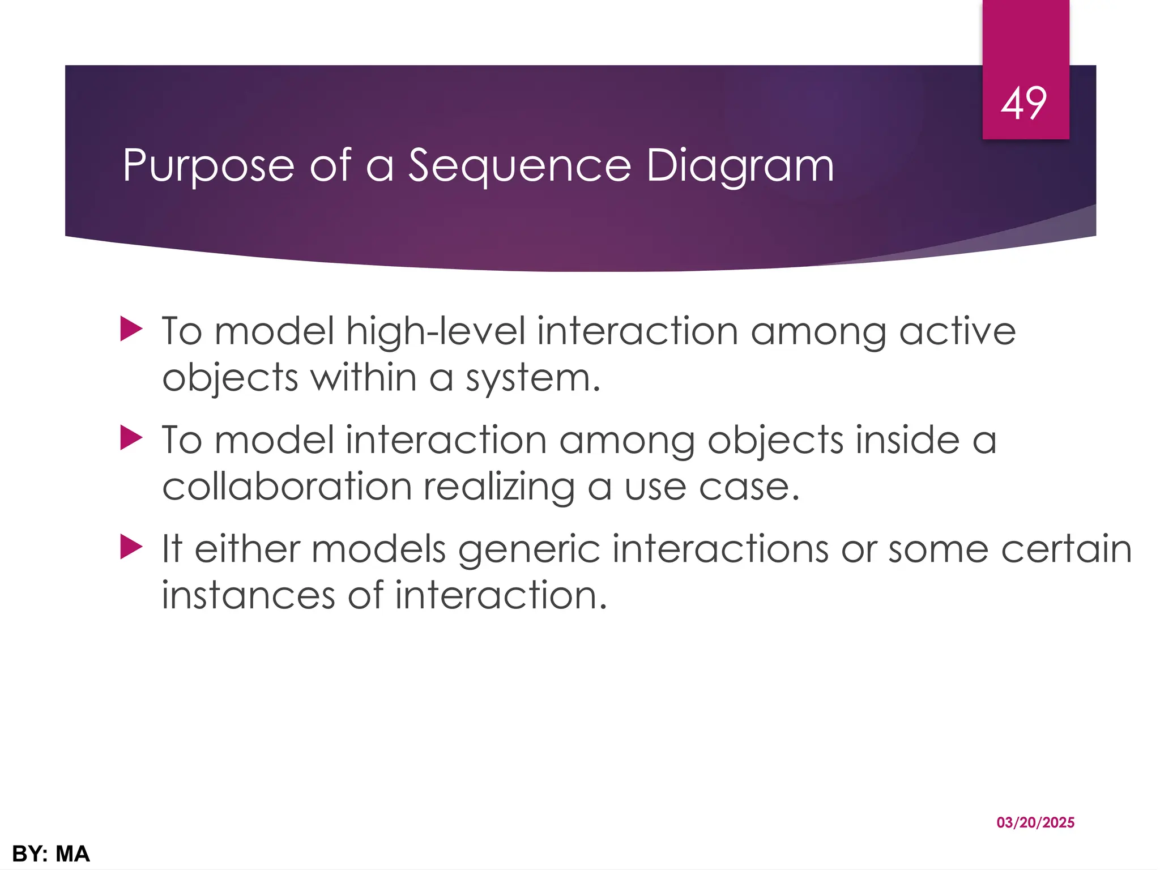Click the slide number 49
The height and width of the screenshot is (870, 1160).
point(1023,104)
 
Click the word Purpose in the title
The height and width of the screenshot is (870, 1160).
point(208,166)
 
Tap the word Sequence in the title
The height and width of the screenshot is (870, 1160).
point(519,166)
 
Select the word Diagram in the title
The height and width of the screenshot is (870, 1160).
point(740,166)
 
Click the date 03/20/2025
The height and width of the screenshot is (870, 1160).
point(1035,822)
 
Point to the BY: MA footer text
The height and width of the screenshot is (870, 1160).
point(51,854)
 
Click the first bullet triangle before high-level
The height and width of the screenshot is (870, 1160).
point(131,329)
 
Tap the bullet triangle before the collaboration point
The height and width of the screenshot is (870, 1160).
point(131,438)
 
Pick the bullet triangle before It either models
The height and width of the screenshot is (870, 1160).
point(131,547)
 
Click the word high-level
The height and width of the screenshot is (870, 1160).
point(436,331)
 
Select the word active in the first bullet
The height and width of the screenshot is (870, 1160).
point(957,331)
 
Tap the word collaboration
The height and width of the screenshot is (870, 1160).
point(287,487)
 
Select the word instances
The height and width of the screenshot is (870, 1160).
point(248,596)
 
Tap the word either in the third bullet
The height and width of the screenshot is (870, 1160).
point(247,549)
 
